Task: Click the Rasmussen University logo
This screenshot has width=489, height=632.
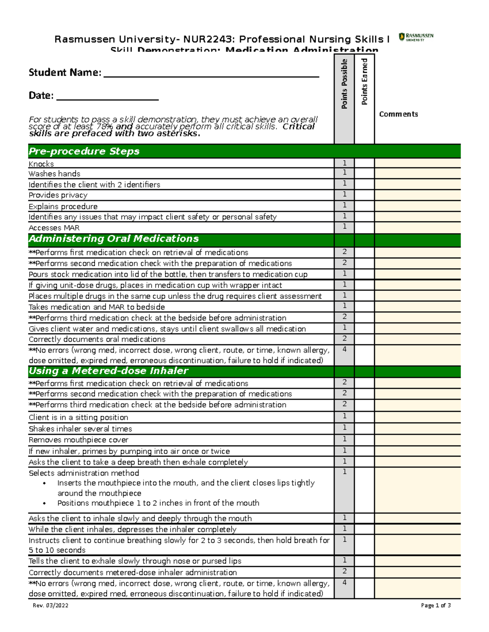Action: coord(416,37)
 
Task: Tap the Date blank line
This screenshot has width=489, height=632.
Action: coord(107,98)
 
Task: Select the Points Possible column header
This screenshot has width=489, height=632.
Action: coord(344,84)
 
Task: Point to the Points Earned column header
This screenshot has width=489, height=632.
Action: coord(364,81)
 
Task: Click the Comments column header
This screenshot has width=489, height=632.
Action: coord(398,114)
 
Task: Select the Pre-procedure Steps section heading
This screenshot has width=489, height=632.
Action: coord(84,151)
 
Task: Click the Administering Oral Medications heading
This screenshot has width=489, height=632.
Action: coord(114,239)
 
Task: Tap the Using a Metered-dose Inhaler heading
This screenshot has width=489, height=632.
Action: coord(108,371)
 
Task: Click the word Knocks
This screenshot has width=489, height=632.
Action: coord(41,164)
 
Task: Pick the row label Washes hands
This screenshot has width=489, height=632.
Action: coord(54,174)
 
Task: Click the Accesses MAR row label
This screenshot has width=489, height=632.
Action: coord(54,228)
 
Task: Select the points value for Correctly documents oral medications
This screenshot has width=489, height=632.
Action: coord(344,339)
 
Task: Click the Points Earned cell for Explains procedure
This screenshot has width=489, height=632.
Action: coord(364,206)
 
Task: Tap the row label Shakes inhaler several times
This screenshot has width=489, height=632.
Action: coord(80,429)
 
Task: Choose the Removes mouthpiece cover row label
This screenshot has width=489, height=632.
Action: coord(78,440)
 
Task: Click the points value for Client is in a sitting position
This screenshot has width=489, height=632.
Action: coord(344,416)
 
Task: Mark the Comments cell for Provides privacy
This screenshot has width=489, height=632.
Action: coord(417,195)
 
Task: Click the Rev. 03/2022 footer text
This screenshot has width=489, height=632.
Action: coord(51,606)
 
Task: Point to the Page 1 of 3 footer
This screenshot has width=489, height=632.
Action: coord(436,606)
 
